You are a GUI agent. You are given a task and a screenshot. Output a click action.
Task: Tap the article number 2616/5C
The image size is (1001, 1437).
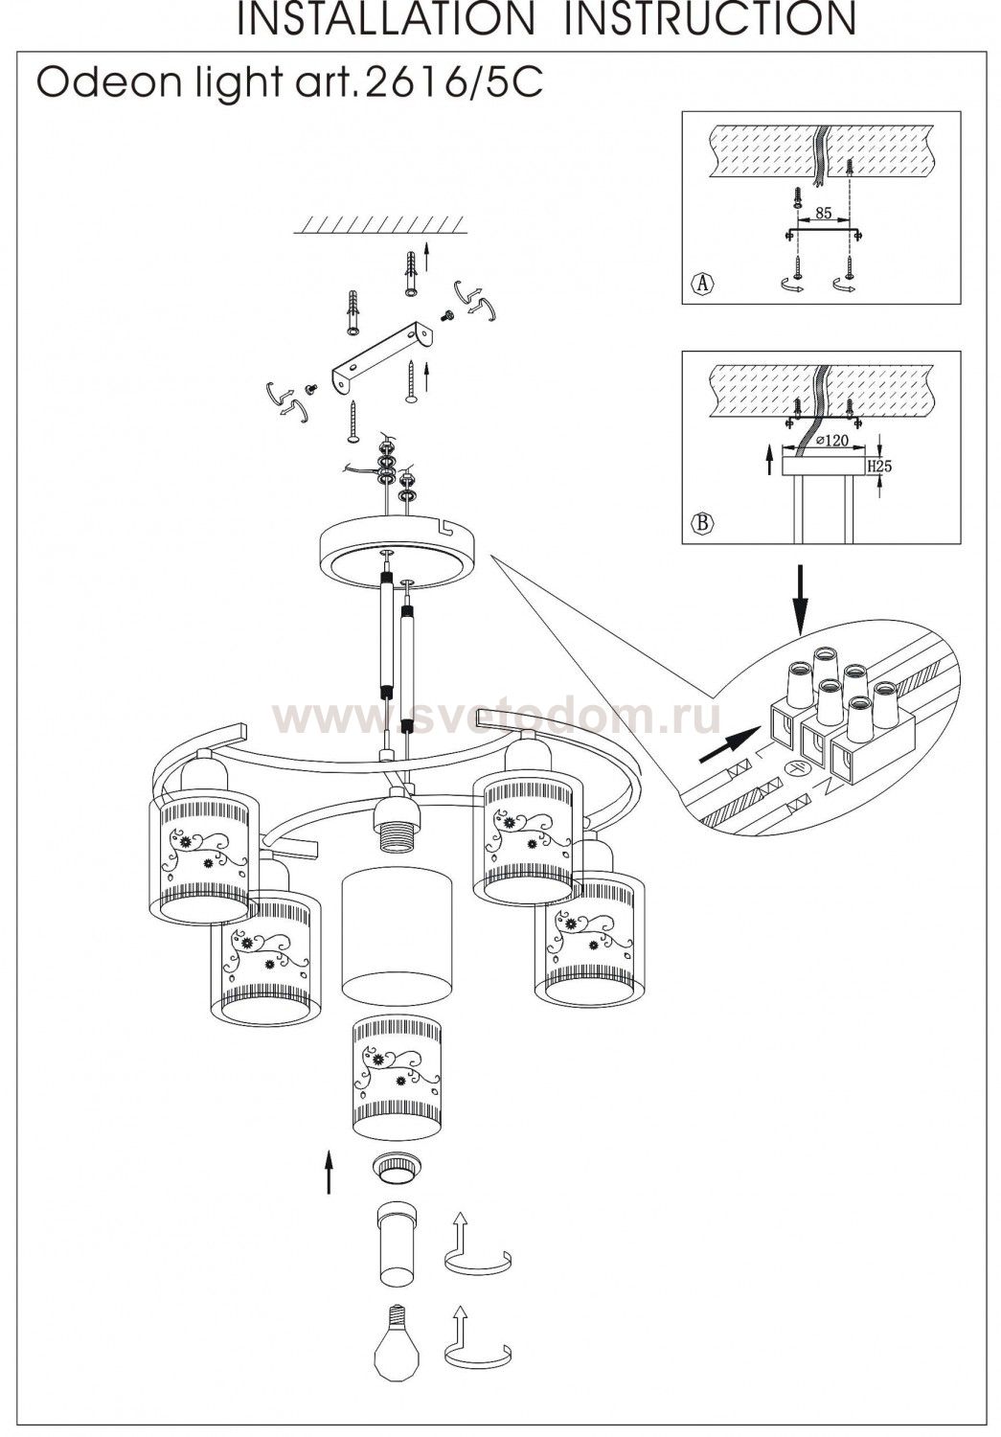pos(450,84)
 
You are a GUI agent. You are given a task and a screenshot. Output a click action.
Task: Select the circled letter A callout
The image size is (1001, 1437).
pos(703,283)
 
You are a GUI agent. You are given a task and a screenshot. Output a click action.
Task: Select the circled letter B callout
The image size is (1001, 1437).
pos(703,523)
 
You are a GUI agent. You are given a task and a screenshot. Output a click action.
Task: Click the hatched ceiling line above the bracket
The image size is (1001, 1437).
pos(381,226)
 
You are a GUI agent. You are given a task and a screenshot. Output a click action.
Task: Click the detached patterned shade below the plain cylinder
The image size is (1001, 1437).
pos(398,1078)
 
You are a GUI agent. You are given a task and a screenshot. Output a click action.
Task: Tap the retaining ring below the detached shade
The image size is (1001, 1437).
pos(396,1169)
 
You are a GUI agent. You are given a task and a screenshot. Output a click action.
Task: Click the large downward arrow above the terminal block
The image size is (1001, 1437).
pos(801,604)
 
